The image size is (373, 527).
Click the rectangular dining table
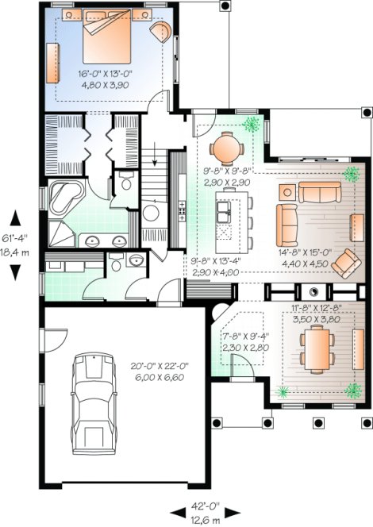317,349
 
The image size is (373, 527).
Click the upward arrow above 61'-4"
15,213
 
